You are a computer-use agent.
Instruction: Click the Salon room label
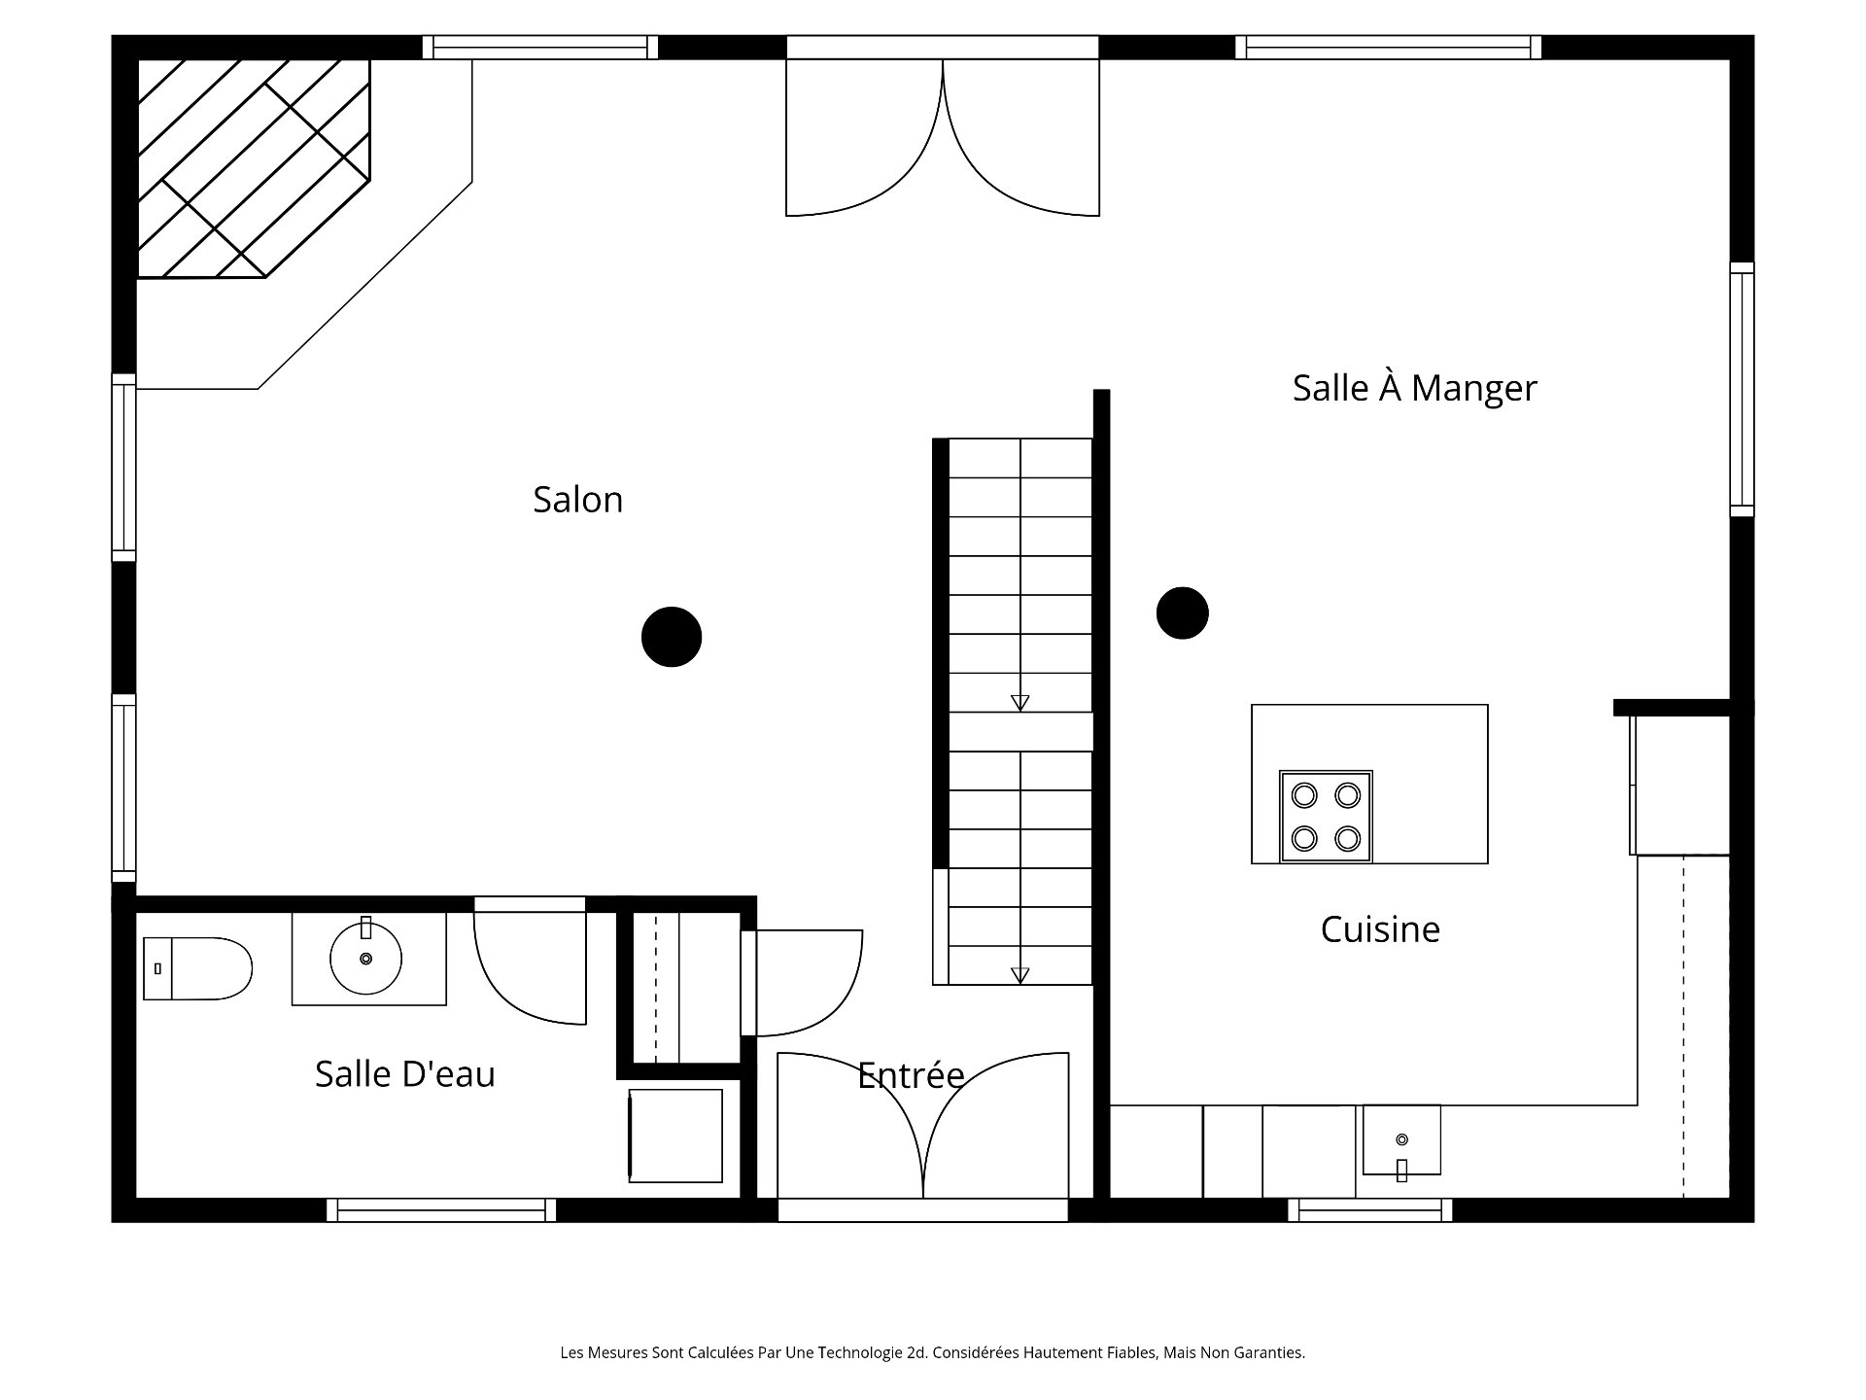pyautogui.click(x=577, y=500)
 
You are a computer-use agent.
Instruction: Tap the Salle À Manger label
pyautogui.click(x=1414, y=388)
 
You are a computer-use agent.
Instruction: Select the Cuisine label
pyautogui.click(x=1380, y=929)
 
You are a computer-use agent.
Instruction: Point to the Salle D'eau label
pyautogui.click(x=405, y=1074)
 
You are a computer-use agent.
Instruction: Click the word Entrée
pyautogui.click(x=911, y=1074)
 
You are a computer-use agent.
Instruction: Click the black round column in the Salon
pyautogui.click(x=672, y=637)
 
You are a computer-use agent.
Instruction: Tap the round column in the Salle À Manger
pyautogui.click(x=1182, y=612)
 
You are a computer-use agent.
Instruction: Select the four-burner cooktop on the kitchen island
pyautogui.click(x=1326, y=817)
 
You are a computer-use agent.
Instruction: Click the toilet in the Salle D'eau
pyautogui.click(x=197, y=968)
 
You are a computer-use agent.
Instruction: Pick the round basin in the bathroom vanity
pyautogui.click(x=365, y=959)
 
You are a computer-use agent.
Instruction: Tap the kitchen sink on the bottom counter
pyautogui.click(x=1401, y=1140)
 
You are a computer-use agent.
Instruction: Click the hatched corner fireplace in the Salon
pyautogui.click(x=253, y=168)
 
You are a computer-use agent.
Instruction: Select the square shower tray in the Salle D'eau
pyautogui.click(x=675, y=1136)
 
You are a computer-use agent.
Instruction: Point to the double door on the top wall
pyautogui.click(x=943, y=137)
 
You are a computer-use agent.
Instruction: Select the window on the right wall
pyautogui.click(x=1742, y=389)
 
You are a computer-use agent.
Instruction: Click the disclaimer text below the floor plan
pyautogui.click(x=932, y=1352)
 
